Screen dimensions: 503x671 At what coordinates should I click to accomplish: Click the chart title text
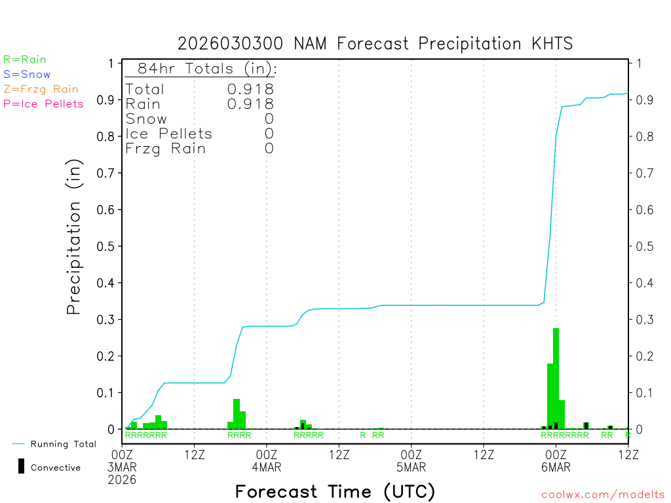coord(375,44)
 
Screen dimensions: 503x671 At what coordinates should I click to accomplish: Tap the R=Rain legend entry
coord(25,60)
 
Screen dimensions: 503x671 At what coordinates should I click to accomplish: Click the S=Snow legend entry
coord(27,75)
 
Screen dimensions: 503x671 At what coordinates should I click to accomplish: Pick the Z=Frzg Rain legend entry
coord(41,89)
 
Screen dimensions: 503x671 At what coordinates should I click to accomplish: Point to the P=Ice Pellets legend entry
coord(43,103)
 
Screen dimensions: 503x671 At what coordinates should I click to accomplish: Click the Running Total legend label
coord(63,444)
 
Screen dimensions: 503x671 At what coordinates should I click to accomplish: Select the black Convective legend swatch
coord(21,466)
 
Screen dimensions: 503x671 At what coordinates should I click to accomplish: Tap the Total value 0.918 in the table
coord(250,89)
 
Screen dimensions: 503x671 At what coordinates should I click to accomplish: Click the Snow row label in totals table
coord(146,119)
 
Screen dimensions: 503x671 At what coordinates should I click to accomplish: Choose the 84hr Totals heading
coord(201,69)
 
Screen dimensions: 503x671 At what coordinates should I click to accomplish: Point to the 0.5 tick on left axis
coord(105,246)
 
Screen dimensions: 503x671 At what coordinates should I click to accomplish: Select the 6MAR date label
coord(556,468)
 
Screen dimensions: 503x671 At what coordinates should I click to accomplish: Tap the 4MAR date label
coord(267,468)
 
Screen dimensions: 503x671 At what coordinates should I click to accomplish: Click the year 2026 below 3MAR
coord(123,480)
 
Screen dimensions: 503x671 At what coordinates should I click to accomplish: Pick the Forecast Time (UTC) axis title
coord(335,491)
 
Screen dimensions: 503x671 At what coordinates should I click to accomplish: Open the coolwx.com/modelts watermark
coord(603,495)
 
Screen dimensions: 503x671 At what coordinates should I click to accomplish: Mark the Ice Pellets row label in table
coord(169,134)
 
